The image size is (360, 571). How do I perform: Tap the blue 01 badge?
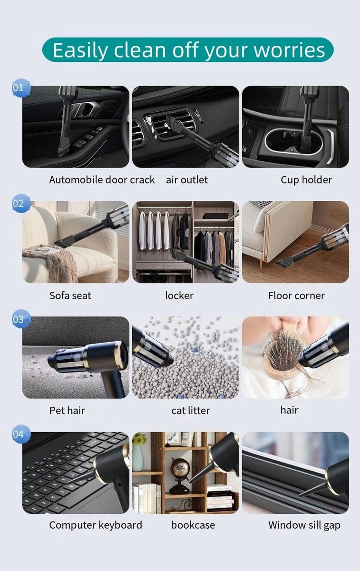point(20,88)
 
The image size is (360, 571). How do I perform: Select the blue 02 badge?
point(20,204)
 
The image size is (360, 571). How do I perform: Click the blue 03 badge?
point(20,319)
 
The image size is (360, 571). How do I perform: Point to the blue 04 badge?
point(20,434)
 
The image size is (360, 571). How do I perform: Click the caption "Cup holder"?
point(306,180)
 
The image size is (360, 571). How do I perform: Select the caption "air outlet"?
point(187,180)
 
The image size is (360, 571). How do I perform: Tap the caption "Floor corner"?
point(296,295)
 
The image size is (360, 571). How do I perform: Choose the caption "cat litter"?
point(191,410)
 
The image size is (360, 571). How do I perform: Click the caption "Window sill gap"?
point(304,525)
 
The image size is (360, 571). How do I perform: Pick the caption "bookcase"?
point(193,525)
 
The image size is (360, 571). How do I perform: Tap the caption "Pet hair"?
point(67,410)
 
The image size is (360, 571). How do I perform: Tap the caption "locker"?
point(179,295)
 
